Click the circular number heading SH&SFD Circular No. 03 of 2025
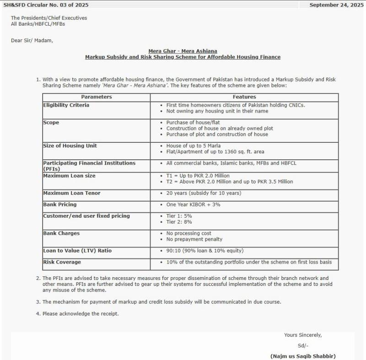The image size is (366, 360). point(46,5)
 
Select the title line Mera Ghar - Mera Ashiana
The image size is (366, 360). point(183,51)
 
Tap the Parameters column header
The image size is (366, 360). point(96,97)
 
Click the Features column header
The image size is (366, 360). point(244,97)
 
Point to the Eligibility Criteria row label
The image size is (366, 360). point(66,105)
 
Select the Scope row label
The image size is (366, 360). point(51,123)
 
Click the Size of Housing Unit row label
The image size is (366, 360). point(70,145)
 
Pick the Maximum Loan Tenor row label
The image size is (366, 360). point(71,193)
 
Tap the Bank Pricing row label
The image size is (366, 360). point(59,204)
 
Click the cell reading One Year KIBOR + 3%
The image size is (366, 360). point(193,204)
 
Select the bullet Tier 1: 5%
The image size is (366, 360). point(179,216)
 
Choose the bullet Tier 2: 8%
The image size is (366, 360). point(179,222)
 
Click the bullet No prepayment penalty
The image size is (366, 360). point(194,239)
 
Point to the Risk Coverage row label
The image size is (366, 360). point(62,262)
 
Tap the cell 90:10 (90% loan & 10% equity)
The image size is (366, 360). point(205,251)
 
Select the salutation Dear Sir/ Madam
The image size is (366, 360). point(32,40)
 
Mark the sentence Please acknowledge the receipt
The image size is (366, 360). point(81,313)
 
